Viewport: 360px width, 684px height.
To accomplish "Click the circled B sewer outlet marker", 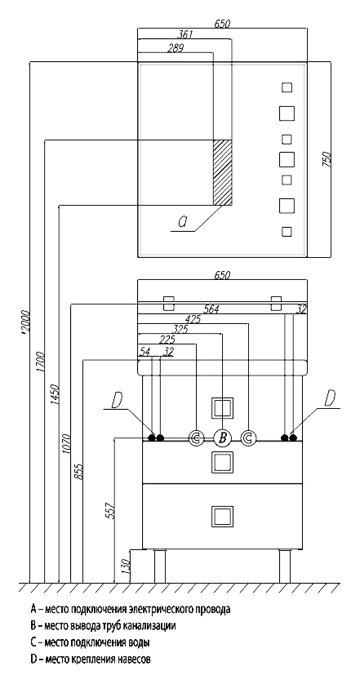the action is [222, 437].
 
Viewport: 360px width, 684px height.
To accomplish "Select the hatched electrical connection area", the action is [222, 172].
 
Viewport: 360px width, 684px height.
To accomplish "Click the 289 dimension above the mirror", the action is [176, 48].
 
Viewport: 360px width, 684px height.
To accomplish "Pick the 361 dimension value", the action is [185, 34].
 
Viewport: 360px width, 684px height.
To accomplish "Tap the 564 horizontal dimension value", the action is [211, 309].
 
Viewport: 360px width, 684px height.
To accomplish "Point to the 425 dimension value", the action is [193, 320].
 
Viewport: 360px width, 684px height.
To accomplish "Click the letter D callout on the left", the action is [116, 400].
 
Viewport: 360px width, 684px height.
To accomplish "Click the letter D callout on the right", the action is [331, 398].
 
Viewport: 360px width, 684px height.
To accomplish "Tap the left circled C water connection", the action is [196, 437].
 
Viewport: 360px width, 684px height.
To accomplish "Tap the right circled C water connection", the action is [248, 437].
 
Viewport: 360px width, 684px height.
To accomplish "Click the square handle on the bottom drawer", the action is [222, 517].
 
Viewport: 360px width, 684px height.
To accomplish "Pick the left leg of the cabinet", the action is [160, 566].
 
